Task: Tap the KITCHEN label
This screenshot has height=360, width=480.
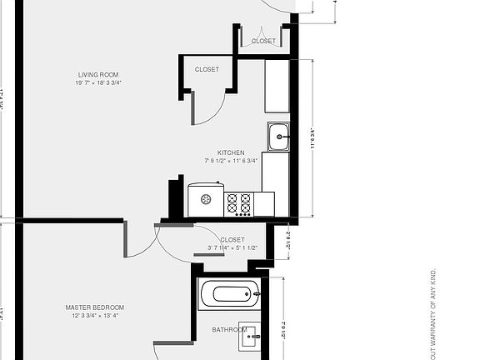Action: (x=231, y=152)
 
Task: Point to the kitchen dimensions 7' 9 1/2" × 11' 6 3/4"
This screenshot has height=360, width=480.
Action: (x=231, y=161)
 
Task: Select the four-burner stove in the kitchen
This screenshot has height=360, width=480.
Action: (x=238, y=202)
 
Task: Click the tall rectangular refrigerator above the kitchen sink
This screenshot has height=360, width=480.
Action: (x=277, y=86)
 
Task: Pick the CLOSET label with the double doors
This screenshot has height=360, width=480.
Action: (x=263, y=41)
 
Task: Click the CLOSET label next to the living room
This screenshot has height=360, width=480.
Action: (x=207, y=70)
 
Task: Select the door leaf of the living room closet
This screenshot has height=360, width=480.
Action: (x=193, y=107)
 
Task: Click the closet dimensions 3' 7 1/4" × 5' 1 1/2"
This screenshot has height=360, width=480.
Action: (x=232, y=247)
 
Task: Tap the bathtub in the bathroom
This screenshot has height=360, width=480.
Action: (x=230, y=294)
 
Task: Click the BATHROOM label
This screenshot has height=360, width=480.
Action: (x=230, y=330)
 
